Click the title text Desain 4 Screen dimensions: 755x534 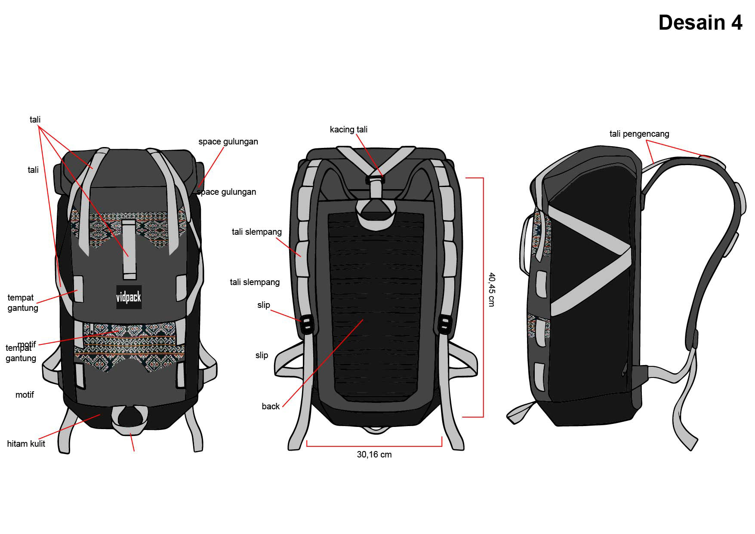point(700,23)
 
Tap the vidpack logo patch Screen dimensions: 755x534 point(129,297)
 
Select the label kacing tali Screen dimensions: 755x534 point(348,129)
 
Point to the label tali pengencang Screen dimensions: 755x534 point(639,134)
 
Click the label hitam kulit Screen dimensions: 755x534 point(26,444)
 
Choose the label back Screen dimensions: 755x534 point(271,406)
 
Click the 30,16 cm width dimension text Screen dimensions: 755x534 point(374,454)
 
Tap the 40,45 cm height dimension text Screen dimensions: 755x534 point(492,289)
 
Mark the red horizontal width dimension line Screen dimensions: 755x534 point(374,446)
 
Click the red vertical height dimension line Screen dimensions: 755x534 point(483,297)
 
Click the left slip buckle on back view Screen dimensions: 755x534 point(307,324)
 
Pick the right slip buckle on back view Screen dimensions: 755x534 point(444,324)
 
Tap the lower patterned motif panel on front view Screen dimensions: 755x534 point(129,344)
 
